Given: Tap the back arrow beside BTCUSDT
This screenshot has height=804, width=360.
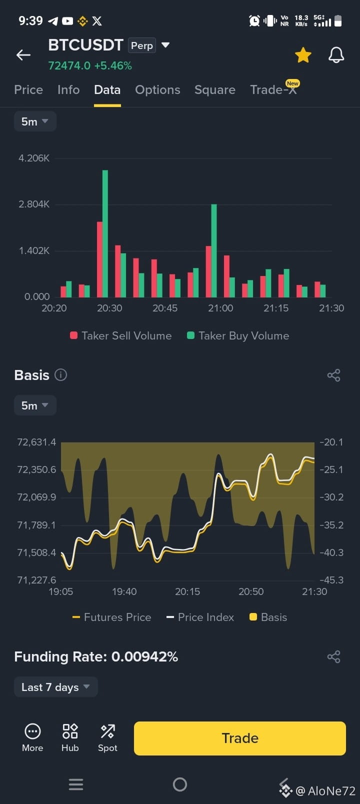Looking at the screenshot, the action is click(23, 55).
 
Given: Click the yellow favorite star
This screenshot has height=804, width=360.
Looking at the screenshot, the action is click(303, 55).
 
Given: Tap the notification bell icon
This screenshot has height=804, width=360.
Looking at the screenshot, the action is click(336, 55).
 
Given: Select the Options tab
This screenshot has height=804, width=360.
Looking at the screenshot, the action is click(157, 89).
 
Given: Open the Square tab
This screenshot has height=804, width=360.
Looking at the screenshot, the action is click(214, 89).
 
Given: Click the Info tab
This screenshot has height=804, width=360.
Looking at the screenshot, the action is click(68, 89).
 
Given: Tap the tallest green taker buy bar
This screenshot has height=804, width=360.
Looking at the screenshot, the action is click(105, 233).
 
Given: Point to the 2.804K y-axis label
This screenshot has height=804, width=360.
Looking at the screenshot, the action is click(34, 204).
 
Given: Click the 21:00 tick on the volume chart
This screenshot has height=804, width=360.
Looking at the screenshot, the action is click(220, 308).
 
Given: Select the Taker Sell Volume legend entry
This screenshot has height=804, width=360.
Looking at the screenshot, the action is click(121, 335).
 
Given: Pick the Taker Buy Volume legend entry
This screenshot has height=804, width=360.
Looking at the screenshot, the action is click(238, 335).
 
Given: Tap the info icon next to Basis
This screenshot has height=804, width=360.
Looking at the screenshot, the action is click(60, 375).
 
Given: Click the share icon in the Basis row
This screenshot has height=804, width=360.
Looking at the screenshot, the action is click(334, 375).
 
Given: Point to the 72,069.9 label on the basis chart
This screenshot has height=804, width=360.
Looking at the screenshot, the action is click(36, 497).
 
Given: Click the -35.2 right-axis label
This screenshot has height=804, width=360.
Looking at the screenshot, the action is click(331, 525).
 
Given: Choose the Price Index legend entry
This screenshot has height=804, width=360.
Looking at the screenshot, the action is click(200, 617).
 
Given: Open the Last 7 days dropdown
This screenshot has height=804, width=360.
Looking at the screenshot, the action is click(55, 686).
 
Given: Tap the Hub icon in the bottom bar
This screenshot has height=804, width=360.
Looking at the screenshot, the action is click(70, 738).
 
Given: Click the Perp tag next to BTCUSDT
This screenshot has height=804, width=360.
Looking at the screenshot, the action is click(142, 45).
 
